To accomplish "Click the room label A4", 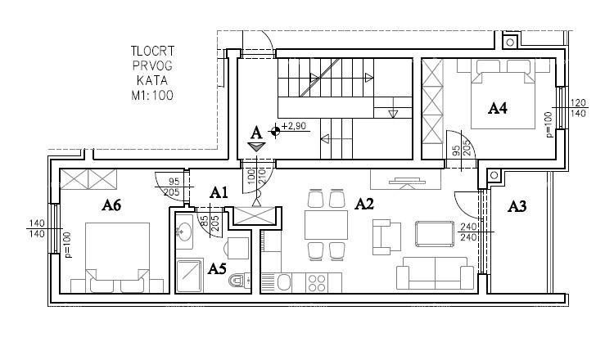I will tap(499, 108).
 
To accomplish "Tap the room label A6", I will tap(112, 206).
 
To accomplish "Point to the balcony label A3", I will tap(517, 206).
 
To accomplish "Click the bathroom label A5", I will tap(217, 268).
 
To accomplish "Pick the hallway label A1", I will tap(218, 192).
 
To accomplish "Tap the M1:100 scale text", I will tap(150, 95).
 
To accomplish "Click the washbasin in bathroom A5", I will tap(183, 232).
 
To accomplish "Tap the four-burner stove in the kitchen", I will tap(317, 282).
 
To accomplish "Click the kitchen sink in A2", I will tap(282, 282).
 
